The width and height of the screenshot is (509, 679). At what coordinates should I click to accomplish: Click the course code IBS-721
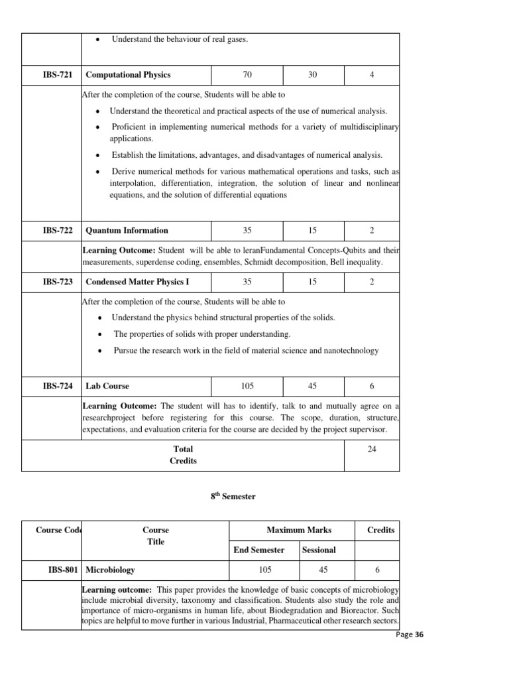(58, 75)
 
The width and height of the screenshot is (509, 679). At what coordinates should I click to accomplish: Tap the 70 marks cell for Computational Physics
(247, 75)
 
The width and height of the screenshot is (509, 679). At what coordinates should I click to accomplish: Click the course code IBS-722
(58, 231)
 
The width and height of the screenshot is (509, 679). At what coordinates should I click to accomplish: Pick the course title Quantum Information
(127, 231)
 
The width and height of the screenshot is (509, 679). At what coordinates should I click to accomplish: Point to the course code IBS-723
(58, 282)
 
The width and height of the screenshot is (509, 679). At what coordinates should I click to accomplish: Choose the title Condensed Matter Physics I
(138, 282)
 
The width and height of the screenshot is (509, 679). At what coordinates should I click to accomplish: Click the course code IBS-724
(58, 386)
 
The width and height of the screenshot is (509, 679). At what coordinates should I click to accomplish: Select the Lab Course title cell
(108, 386)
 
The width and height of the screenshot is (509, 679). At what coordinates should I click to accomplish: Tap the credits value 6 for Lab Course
(372, 386)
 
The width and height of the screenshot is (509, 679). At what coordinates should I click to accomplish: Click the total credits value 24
(372, 449)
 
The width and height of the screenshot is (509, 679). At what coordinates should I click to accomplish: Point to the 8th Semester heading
(229, 497)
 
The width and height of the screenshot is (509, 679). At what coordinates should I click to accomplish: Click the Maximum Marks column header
(299, 530)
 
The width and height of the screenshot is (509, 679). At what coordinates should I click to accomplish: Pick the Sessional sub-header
(319, 550)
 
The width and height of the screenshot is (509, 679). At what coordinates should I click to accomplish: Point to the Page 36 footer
(409, 635)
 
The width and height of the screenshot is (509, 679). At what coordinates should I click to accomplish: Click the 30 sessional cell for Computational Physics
(313, 75)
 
